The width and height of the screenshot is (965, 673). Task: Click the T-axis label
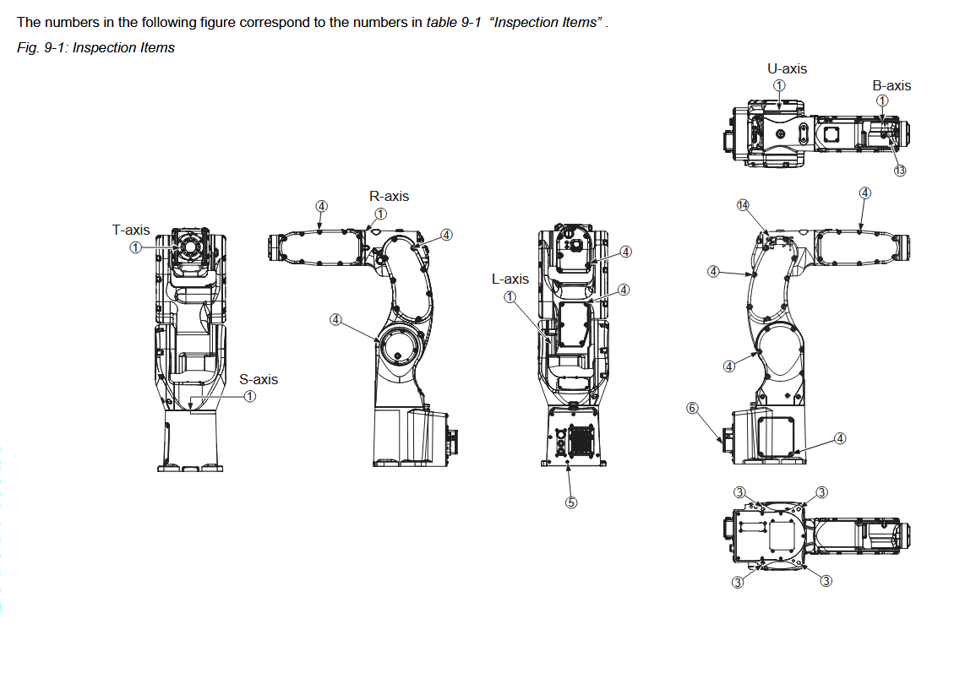click(131, 230)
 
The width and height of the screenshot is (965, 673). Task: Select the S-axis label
click(259, 379)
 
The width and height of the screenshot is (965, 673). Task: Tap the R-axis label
click(389, 196)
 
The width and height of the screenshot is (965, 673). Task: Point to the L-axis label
click(510, 279)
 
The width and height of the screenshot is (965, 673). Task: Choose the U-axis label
click(787, 68)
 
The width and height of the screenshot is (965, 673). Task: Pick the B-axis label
click(891, 85)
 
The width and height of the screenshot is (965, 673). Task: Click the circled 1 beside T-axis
click(135, 247)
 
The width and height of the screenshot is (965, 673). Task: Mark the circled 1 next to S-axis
click(250, 396)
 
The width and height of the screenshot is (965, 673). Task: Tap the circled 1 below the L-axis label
click(510, 296)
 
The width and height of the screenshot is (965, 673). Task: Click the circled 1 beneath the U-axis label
click(779, 84)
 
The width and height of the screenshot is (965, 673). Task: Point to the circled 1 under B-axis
click(882, 101)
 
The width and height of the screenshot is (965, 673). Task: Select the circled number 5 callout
click(571, 502)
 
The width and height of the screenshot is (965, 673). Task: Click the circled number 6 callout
click(692, 408)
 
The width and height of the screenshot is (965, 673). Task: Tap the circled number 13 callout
click(900, 170)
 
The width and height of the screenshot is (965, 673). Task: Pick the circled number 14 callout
click(743, 204)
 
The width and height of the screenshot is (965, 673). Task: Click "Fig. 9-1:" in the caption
click(42, 48)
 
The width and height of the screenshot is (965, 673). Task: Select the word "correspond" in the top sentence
click(276, 22)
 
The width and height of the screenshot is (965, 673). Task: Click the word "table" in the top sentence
click(443, 22)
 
